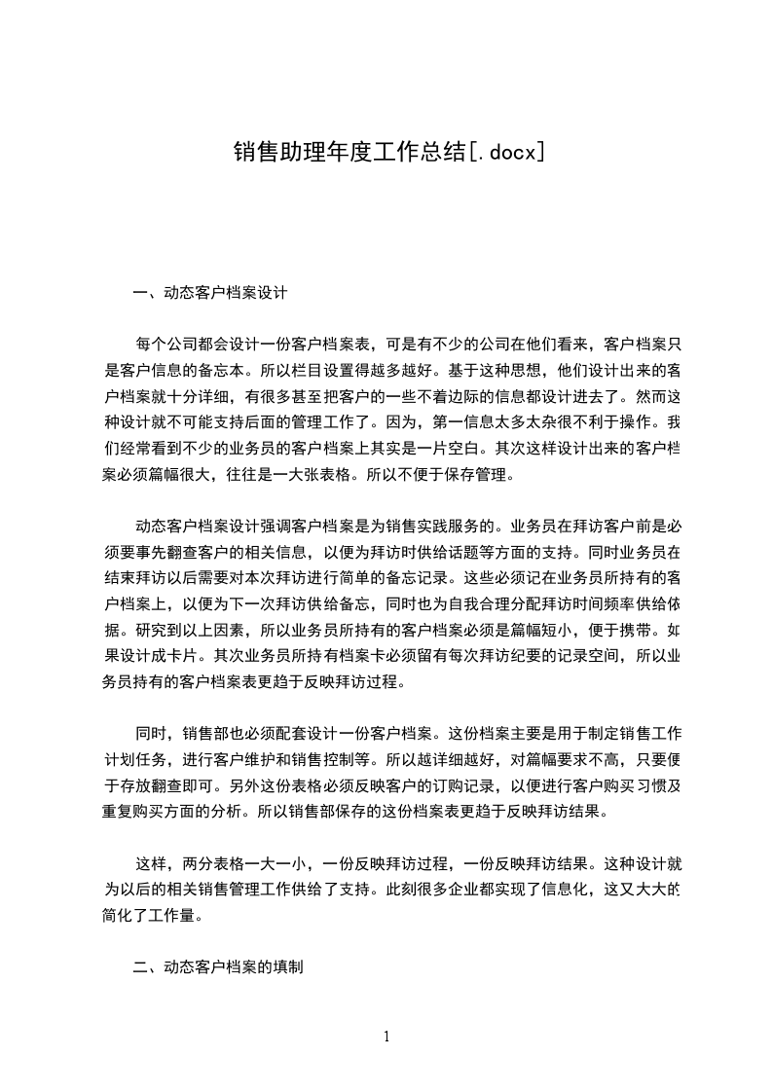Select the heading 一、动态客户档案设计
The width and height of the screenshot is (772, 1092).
tap(209, 291)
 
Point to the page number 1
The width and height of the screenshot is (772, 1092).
tap(386, 1037)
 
